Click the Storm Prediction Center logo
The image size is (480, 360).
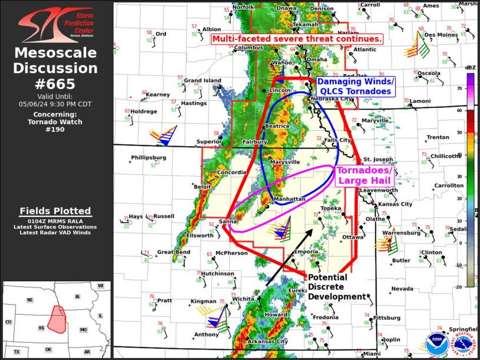click(56, 24)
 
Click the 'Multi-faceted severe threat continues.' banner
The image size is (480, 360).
click(297, 39)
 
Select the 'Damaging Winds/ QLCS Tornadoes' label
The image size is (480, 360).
click(356, 86)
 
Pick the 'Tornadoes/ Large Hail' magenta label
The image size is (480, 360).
click(363, 175)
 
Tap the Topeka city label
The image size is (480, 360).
click(331, 208)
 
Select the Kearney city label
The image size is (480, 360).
click(158, 94)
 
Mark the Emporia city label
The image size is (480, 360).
click(306, 252)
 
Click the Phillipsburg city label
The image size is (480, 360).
click(148, 157)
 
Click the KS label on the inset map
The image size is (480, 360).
click(42, 327)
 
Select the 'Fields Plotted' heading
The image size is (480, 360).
click(55, 211)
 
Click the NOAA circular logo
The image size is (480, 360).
click(436, 345)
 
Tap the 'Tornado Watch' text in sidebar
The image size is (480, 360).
click(56, 122)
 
